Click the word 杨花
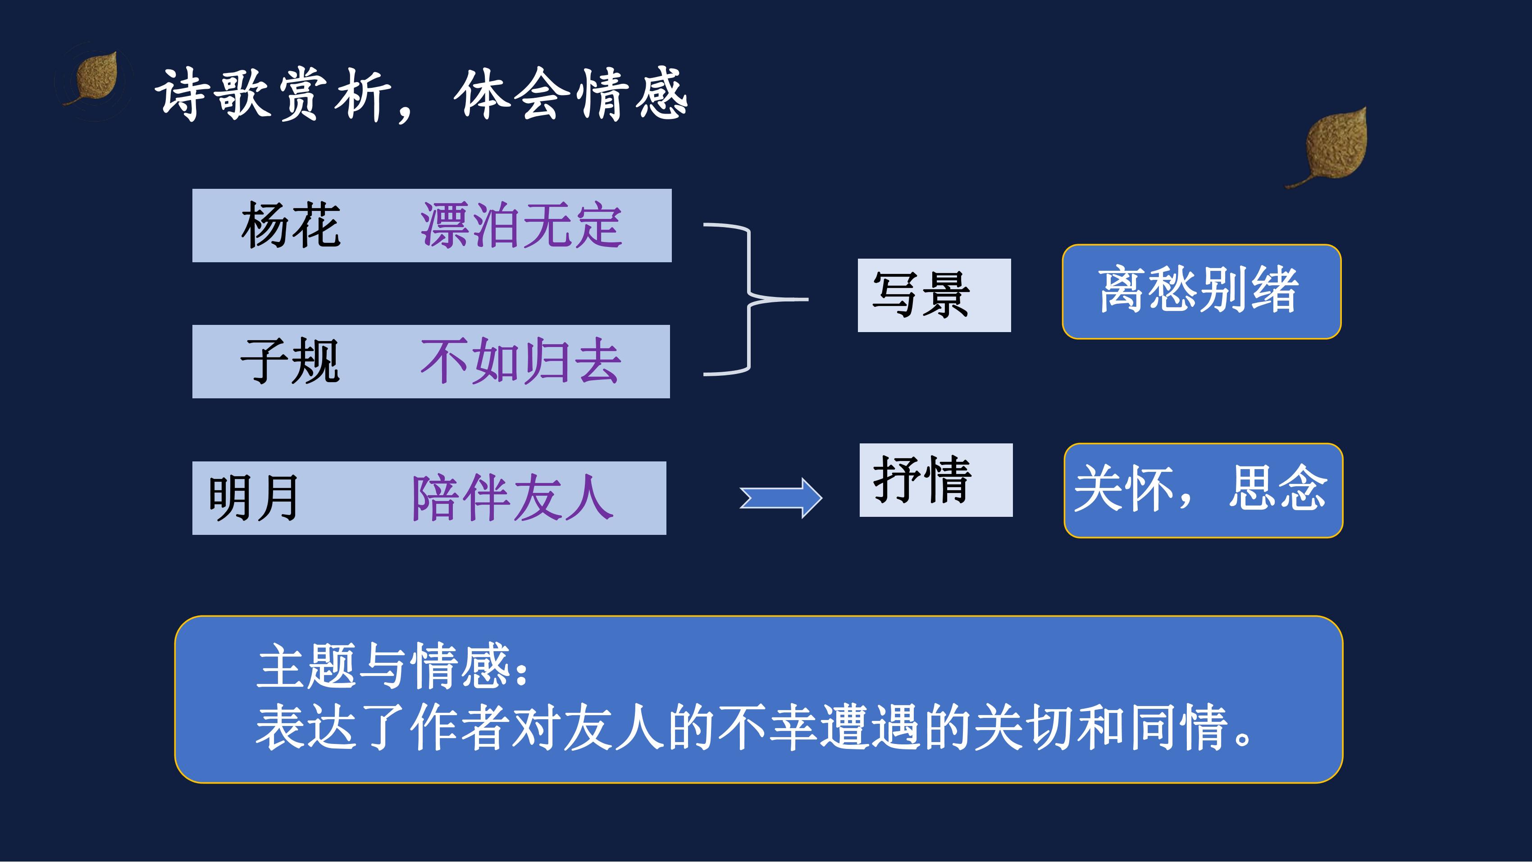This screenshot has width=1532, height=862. (x=291, y=225)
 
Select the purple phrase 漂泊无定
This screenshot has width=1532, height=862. (x=521, y=225)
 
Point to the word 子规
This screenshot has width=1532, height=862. (x=290, y=361)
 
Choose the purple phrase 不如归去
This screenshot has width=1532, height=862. (x=521, y=361)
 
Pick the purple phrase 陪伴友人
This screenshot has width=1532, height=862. (x=513, y=498)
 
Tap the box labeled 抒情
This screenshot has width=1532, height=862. (x=936, y=480)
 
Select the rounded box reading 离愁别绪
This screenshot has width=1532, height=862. (x=1201, y=292)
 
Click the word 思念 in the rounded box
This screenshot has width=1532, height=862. (x=1277, y=488)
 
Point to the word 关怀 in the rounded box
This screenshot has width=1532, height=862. (x=1124, y=488)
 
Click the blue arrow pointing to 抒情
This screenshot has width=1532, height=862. (x=781, y=498)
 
